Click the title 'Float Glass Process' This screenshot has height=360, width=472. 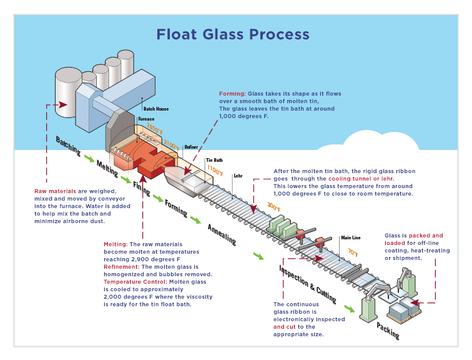coord(232,34)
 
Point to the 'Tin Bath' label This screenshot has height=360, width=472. coord(214,160)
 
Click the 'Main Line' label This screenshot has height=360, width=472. coord(350,237)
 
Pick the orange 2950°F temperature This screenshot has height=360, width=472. coord(154,127)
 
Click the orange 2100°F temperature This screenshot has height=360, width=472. coord(172,144)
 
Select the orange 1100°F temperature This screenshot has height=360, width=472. coord(214,169)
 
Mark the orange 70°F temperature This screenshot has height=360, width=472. coord(353,253)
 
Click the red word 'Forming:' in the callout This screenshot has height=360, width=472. coord(232,94)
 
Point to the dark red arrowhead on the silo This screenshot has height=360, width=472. coord(62,105)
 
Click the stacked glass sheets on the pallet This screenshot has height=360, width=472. coord(398,308)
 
